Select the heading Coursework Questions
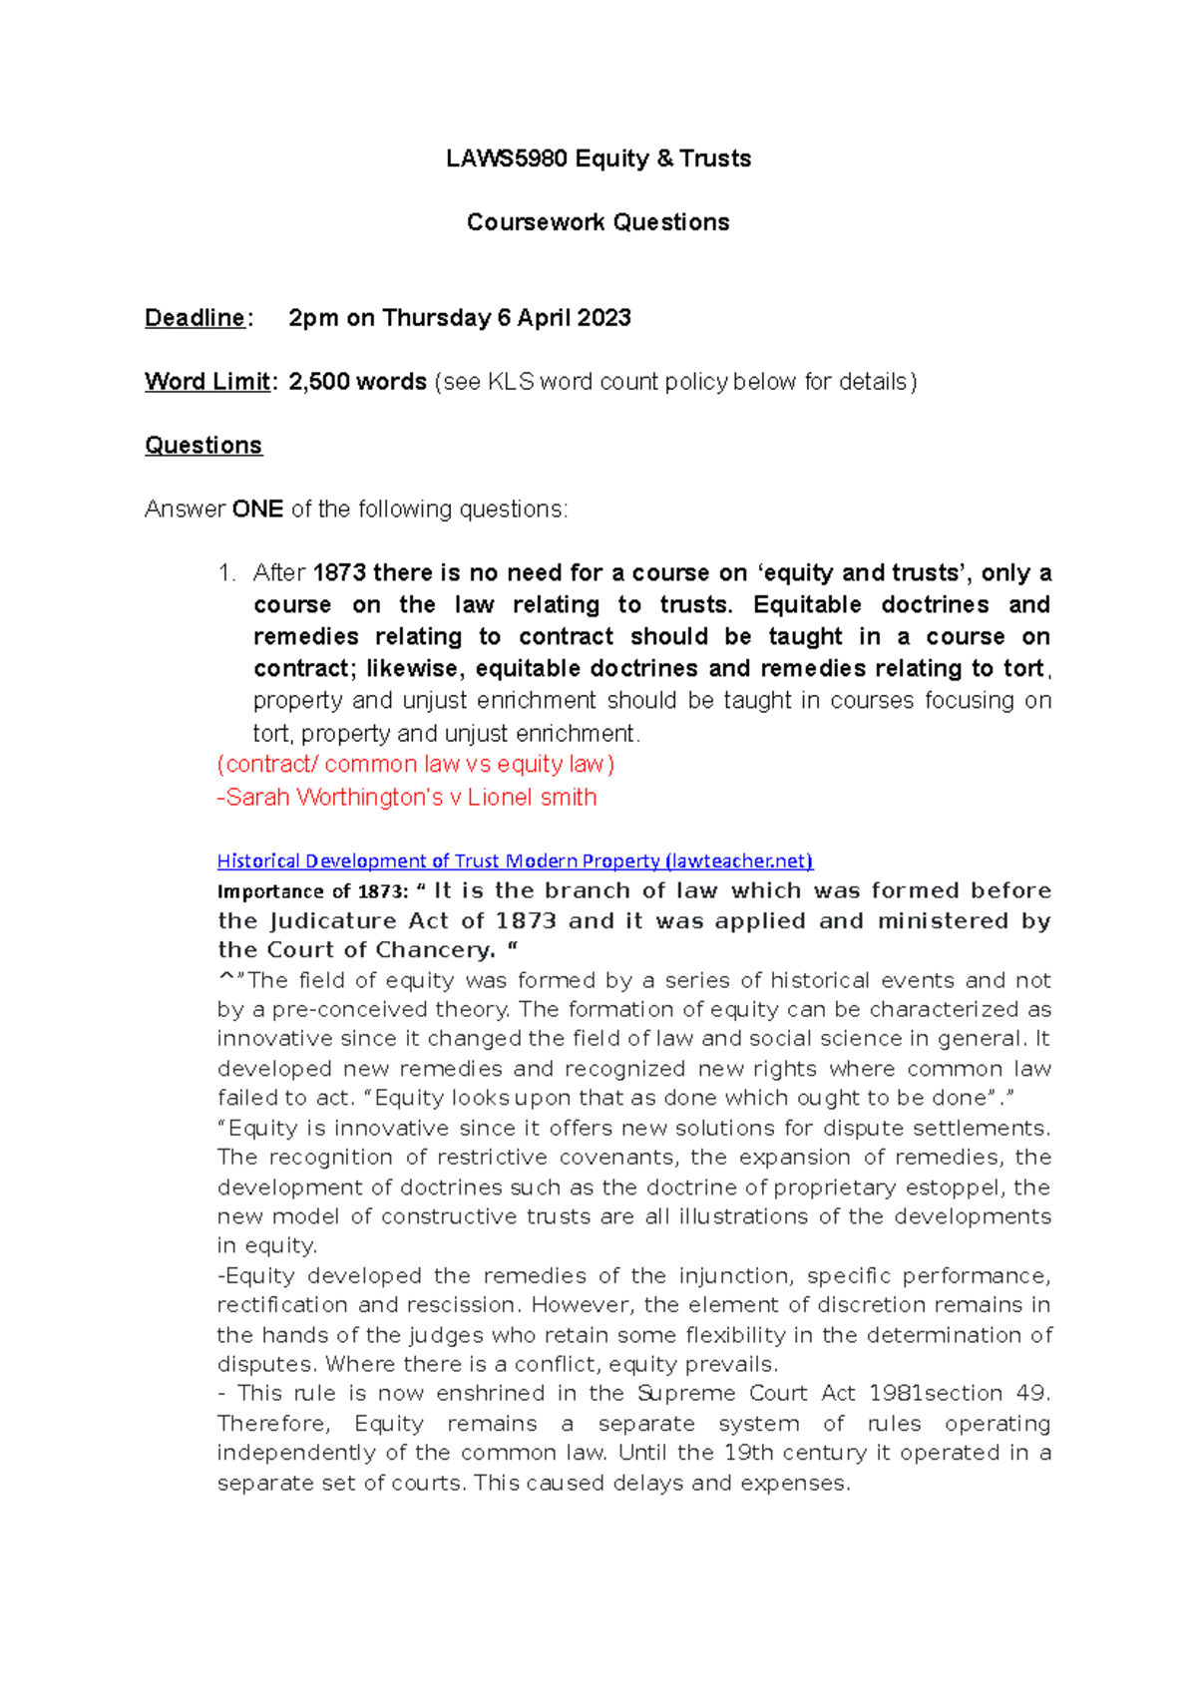[598, 222]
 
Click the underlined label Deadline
[195, 318]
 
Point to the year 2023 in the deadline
[602, 318]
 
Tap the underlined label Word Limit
[207, 382]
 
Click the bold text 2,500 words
[357, 382]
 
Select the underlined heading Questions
[203, 446]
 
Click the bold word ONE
[257, 509]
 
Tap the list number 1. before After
[226, 573]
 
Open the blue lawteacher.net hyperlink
[515, 860]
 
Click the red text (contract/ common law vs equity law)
[415, 765]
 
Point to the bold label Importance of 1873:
[312, 891]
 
